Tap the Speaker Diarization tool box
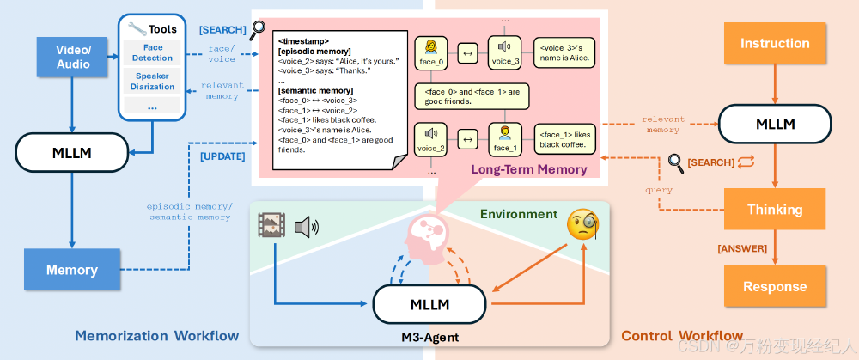[152, 81]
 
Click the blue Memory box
[71, 269]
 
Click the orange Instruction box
[775, 43]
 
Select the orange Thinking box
[775, 210]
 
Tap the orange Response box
[775, 286]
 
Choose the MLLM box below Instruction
[775, 124]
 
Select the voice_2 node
[433, 138]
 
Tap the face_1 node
[505, 138]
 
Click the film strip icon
[272, 225]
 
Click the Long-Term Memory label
[528, 169]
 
